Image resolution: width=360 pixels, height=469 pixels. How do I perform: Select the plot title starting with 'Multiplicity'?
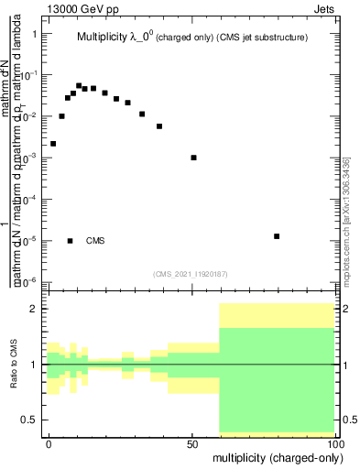click(191, 38)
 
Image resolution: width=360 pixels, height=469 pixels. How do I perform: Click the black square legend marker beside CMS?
click(70, 241)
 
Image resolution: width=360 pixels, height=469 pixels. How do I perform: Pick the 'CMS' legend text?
click(95, 241)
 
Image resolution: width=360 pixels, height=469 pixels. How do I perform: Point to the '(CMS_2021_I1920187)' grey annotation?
click(191, 272)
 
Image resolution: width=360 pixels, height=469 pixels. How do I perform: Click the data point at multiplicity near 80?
click(277, 236)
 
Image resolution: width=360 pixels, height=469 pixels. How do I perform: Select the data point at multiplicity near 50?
click(193, 158)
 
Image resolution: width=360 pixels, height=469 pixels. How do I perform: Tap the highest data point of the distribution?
click(79, 85)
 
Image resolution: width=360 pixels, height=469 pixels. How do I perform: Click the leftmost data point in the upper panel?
click(53, 144)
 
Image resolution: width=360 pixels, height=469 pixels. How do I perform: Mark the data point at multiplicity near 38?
click(159, 126)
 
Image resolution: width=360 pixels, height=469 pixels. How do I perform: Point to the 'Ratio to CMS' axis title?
click(13, 365)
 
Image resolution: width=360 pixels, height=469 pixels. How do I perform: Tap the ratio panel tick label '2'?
click(34, 309)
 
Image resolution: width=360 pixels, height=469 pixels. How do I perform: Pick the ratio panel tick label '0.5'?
click(29, 420)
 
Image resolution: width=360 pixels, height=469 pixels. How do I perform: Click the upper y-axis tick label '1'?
click(34, 34)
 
